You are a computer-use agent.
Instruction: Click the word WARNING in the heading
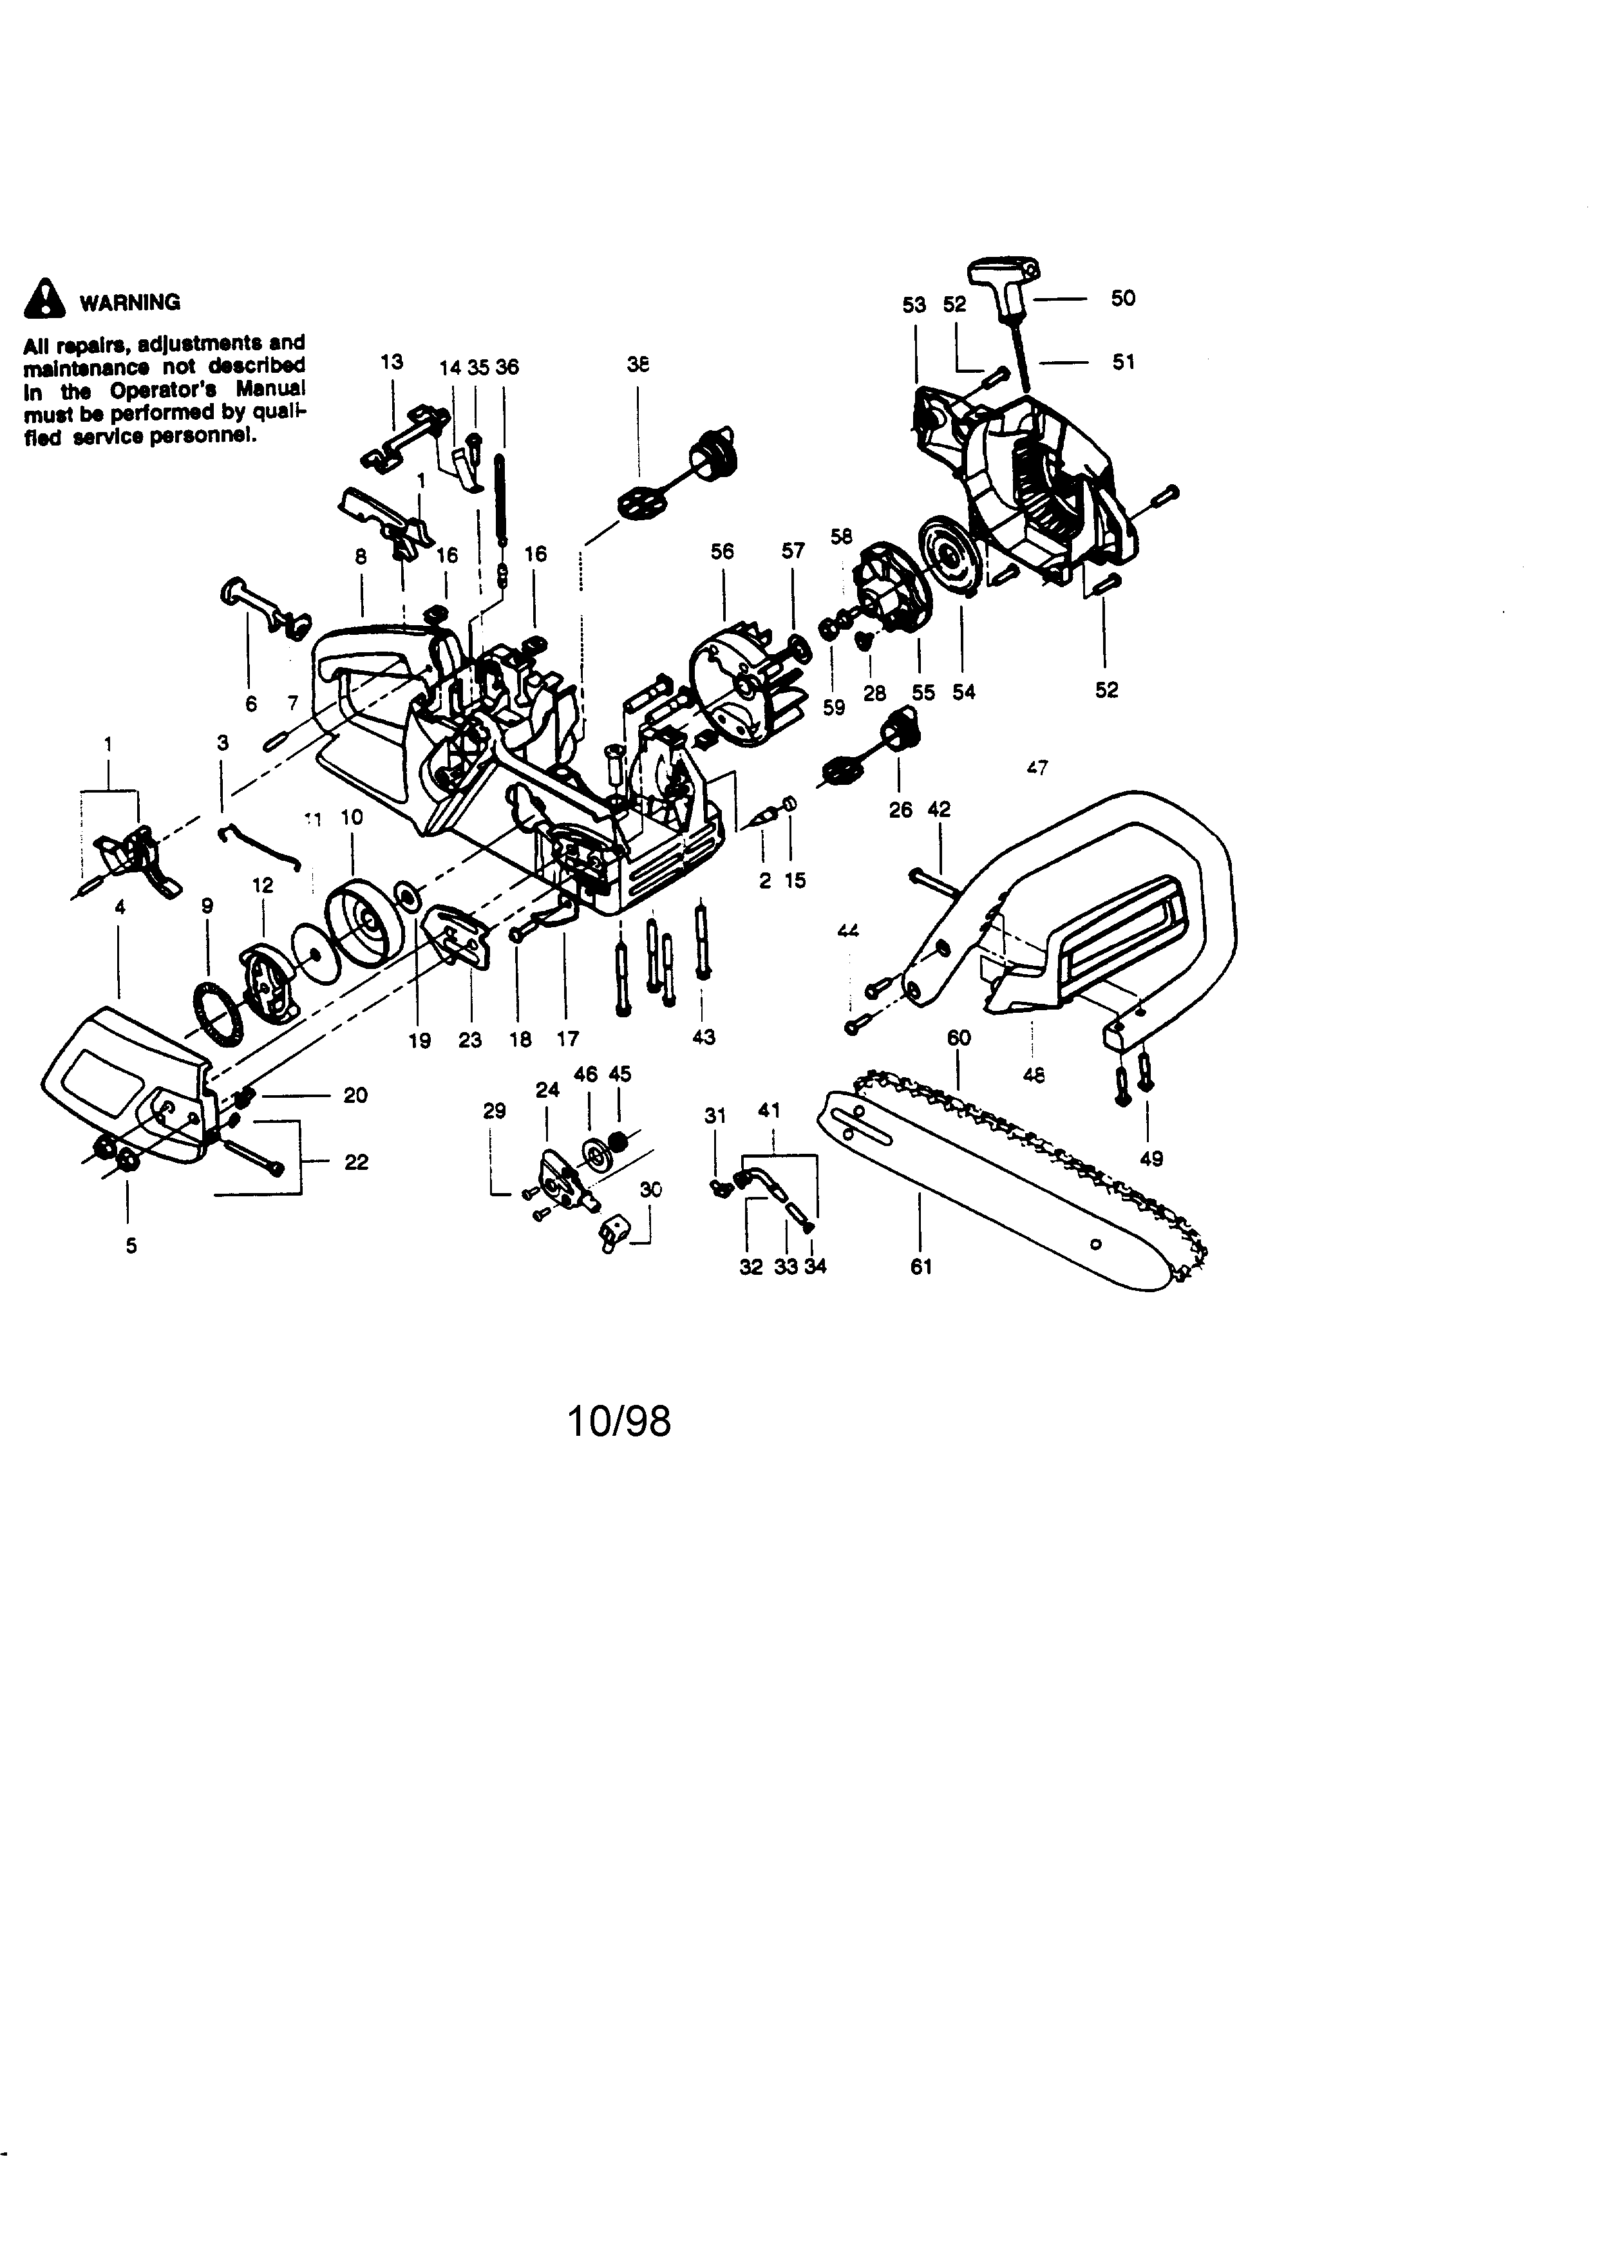(x=130, y=302)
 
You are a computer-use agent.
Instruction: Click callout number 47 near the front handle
(x=1037, y=767)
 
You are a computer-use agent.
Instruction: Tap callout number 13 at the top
(x=392, y=362)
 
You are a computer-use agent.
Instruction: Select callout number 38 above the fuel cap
(x=638, y=364)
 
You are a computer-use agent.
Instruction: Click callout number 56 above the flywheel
(x=722, y=552)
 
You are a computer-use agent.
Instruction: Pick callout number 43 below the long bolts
(x=703, y=1037)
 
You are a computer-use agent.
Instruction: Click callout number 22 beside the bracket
(x=356, y=1162)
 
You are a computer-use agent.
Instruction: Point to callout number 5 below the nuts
(x=131, y=1245)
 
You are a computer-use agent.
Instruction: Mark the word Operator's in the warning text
(x=163, y=390)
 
